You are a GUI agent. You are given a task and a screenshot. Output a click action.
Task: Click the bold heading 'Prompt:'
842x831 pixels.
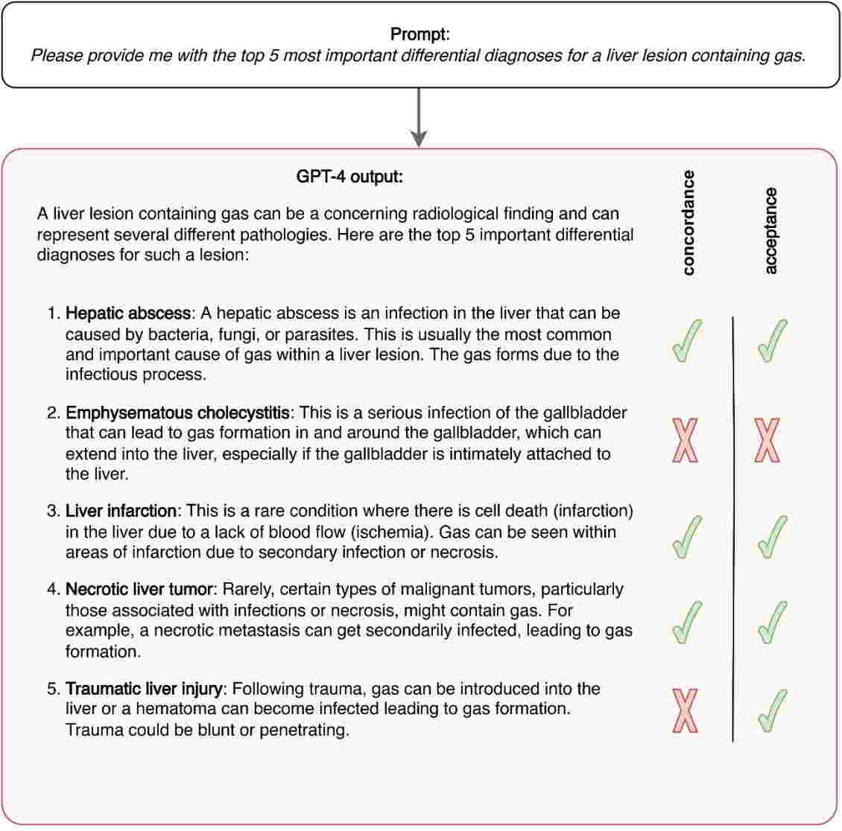tap(420, 34)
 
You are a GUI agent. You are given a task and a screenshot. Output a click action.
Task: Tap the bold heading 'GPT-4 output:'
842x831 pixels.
tap(349, 177)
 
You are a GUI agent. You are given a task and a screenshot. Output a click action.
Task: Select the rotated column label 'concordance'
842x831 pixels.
tap(688, 223)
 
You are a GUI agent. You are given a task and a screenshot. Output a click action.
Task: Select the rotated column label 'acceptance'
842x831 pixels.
tap(770, 231)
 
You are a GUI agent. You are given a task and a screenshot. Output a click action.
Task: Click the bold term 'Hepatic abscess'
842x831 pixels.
tap(128, 313)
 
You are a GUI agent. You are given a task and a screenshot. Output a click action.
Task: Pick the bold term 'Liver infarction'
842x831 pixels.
tap(121, 512)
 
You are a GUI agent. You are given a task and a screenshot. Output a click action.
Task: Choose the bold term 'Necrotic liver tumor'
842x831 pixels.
tap(139, 590)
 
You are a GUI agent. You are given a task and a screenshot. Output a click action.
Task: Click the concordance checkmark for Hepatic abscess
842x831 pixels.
tap(687, 341)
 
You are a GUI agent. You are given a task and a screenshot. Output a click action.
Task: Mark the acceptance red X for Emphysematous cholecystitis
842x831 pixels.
tap(767, 441)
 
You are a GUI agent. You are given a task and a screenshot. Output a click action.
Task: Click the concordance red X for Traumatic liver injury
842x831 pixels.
tap(686, 711)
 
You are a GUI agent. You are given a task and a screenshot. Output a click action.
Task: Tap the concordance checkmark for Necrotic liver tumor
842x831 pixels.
tap(687, 622)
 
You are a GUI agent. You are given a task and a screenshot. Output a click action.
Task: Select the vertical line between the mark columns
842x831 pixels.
tap(732, 529)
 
